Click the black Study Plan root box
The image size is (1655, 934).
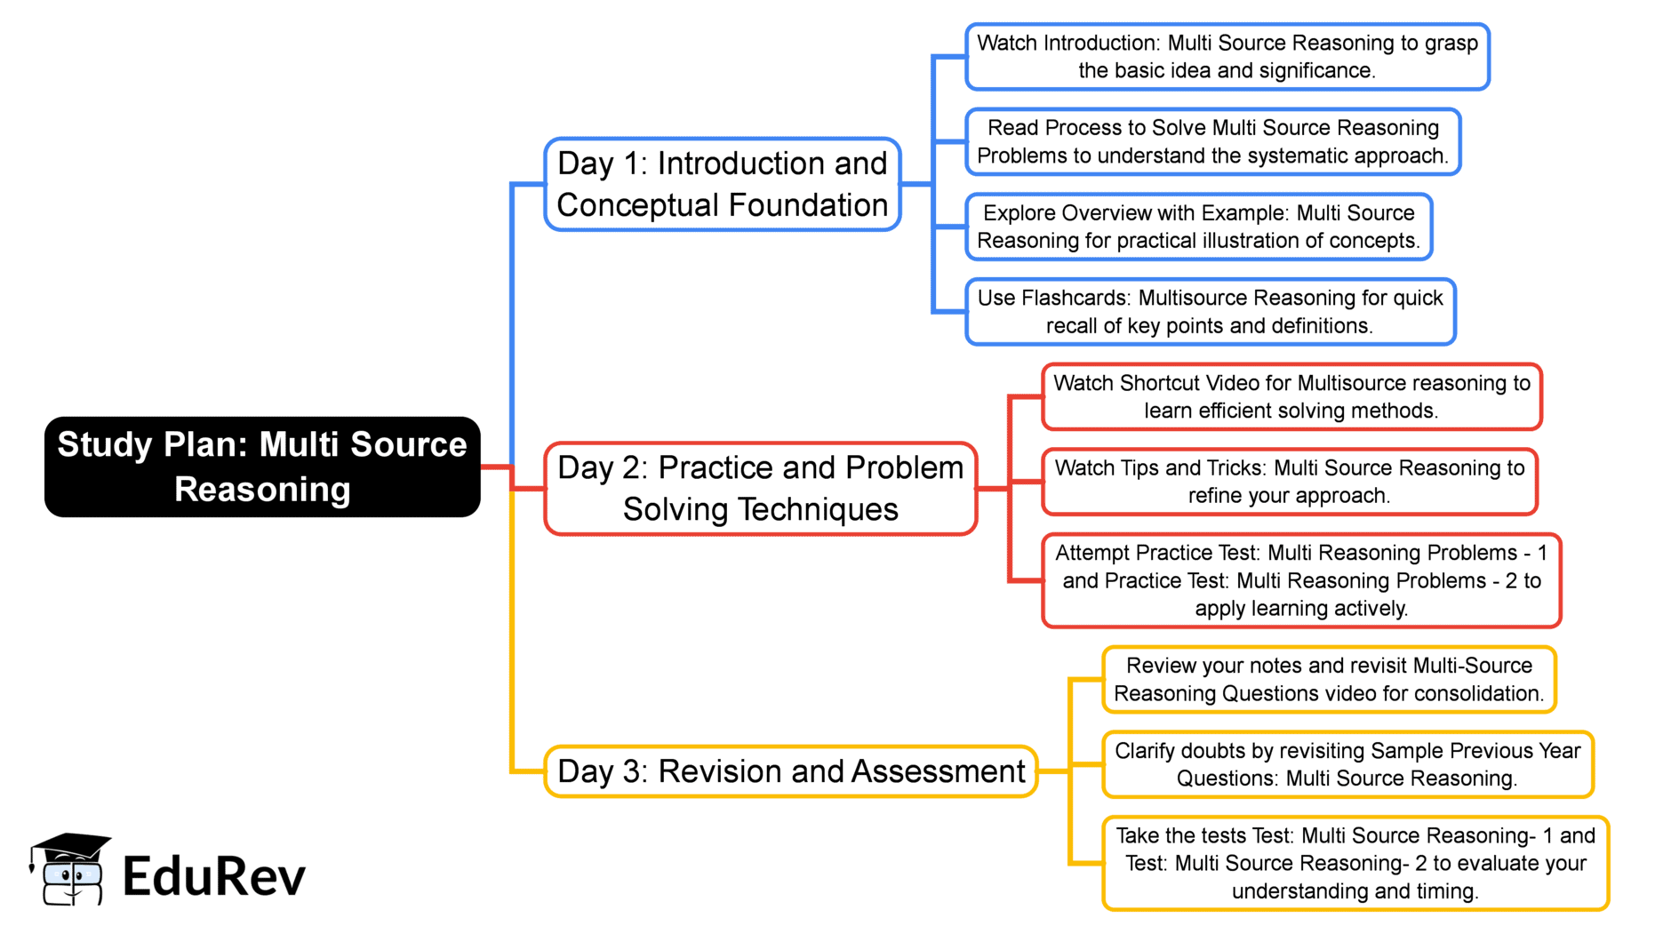point(262,467)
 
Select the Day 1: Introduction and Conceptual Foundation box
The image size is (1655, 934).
point(723,184)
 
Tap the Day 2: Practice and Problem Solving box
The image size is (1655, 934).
point(761,488)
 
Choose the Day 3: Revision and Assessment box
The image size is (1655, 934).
point(791,771)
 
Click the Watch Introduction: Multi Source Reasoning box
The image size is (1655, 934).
point(1227,57)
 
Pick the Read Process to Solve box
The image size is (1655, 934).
point(1213,141)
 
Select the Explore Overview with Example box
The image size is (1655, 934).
point(1199,227)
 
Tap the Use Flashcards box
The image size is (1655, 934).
point(1211,312)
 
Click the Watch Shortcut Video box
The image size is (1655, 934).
point(1292,396)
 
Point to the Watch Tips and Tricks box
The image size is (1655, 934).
point(1290,482)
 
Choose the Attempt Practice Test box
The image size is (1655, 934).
point(1301,580)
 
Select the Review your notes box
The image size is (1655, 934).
point(1330,680)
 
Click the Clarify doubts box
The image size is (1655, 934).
point(1347,764)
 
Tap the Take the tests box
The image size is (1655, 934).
point(1355,863)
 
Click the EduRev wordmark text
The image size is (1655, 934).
point(214,876)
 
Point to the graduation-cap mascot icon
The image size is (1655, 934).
point(70,869)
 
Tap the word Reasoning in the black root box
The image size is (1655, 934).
point(262,490)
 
